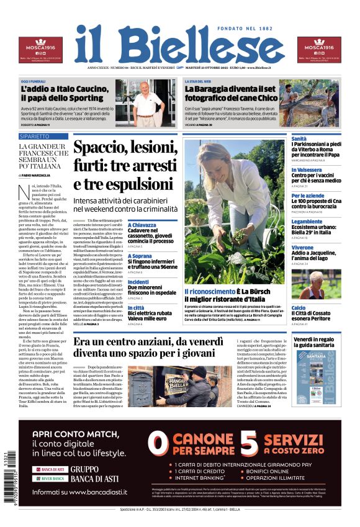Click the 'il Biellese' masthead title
[179, 45]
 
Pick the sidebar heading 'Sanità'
[299, 138]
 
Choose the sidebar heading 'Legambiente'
[307, 222]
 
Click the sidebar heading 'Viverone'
[302, 247]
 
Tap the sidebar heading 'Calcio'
[299, 307]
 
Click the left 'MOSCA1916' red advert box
[40, 50]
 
